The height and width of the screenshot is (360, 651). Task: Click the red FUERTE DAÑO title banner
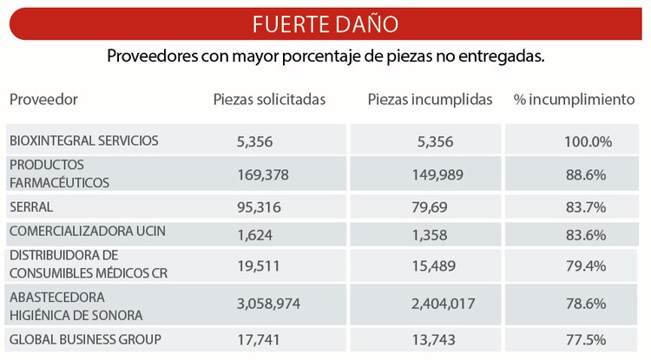point(325,23)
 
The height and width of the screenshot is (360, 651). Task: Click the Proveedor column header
point(43,100)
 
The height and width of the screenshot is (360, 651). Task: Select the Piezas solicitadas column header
point(269,100)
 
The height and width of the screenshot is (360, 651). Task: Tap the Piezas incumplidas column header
point(430,100)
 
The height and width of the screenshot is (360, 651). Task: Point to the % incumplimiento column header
point(574,100)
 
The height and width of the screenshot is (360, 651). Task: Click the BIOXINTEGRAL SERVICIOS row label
point(83,141)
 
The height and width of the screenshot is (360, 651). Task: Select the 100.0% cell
point(588,141)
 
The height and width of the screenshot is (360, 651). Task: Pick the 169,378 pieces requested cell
point(262,175)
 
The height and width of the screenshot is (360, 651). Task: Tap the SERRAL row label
point(31,207)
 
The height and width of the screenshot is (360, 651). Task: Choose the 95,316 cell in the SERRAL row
point(259,207)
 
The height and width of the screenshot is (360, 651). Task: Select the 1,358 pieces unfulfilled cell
point(431,233)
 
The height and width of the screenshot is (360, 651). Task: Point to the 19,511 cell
point(258,265)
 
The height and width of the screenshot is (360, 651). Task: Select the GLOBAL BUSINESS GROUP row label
point(85,339)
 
